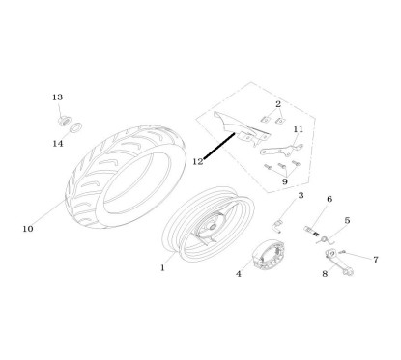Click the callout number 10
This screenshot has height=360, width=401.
pyautogui.click(x=27, y=229)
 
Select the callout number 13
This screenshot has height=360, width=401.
pyautogui.click(x=58, y=97)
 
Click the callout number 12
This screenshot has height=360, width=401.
pyautogui.click(x=197, y=161)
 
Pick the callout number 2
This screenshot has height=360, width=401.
pyautogui.click(x=277, y=103)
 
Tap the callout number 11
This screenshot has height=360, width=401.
pyautogui.click(x=298, y=129)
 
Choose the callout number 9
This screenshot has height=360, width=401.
pyautogui.click(x=284, y=180)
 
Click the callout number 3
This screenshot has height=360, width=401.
pyautogui.click(x=301, y=196)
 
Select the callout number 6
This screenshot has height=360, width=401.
pyautogui.click(x=329, y=200)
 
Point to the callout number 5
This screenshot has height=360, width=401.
pyautogui.click(x=347, y=221)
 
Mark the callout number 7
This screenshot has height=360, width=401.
pyautogui.click(x=376, y=259)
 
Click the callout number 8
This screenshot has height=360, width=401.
pyautogui.click(x=325, y=274)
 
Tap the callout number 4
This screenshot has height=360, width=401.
pyautogui.click(x=239, y=273)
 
